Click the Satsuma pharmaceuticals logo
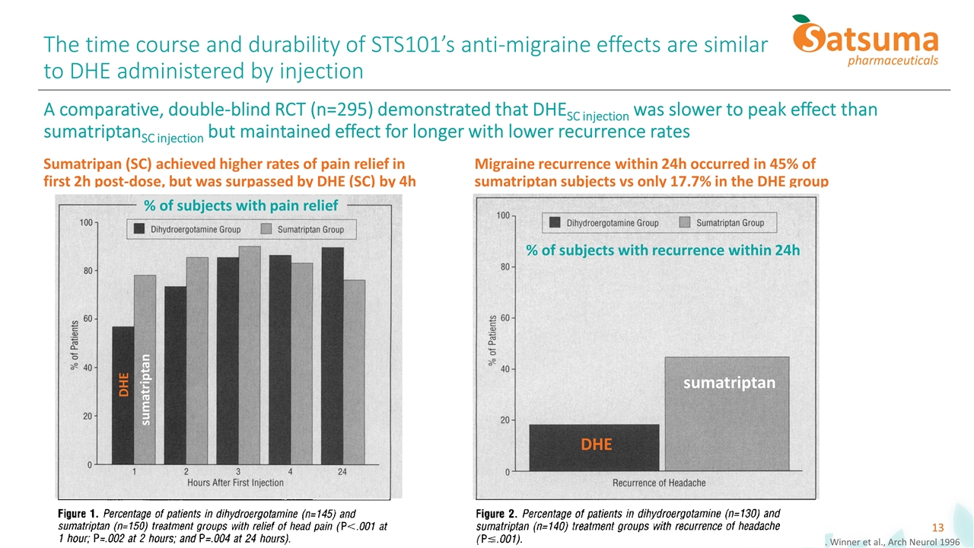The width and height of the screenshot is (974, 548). click(x=865, y=41)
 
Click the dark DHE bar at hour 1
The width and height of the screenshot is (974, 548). click(x=123, y=396)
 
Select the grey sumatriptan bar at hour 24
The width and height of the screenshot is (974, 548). click(x=355, y=372)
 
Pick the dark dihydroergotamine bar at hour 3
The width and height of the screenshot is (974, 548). click(x=228, y=361)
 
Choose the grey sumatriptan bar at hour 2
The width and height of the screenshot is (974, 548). click(x=197, y=361)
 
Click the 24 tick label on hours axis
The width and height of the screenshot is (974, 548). click(x=342, y=472)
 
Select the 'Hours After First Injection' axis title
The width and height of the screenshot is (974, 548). click(x=235, y=483)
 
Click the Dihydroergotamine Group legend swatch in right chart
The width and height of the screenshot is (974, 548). click(x=555, y=222)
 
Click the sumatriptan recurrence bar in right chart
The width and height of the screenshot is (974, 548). click(x=727, y=414)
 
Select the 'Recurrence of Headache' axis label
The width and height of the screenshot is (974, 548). click(x=659, y=483)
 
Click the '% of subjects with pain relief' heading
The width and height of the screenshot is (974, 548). click(x=241, y=205)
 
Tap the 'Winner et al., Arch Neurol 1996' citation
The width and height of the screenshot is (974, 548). click(x=894, y=542)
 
